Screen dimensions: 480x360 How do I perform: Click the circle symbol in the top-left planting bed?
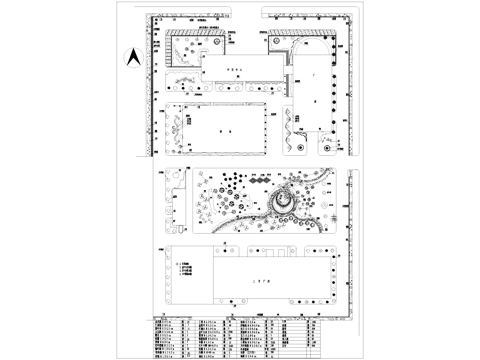pos(215,45)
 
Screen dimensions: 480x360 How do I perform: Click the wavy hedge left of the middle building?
pos(177,130)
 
